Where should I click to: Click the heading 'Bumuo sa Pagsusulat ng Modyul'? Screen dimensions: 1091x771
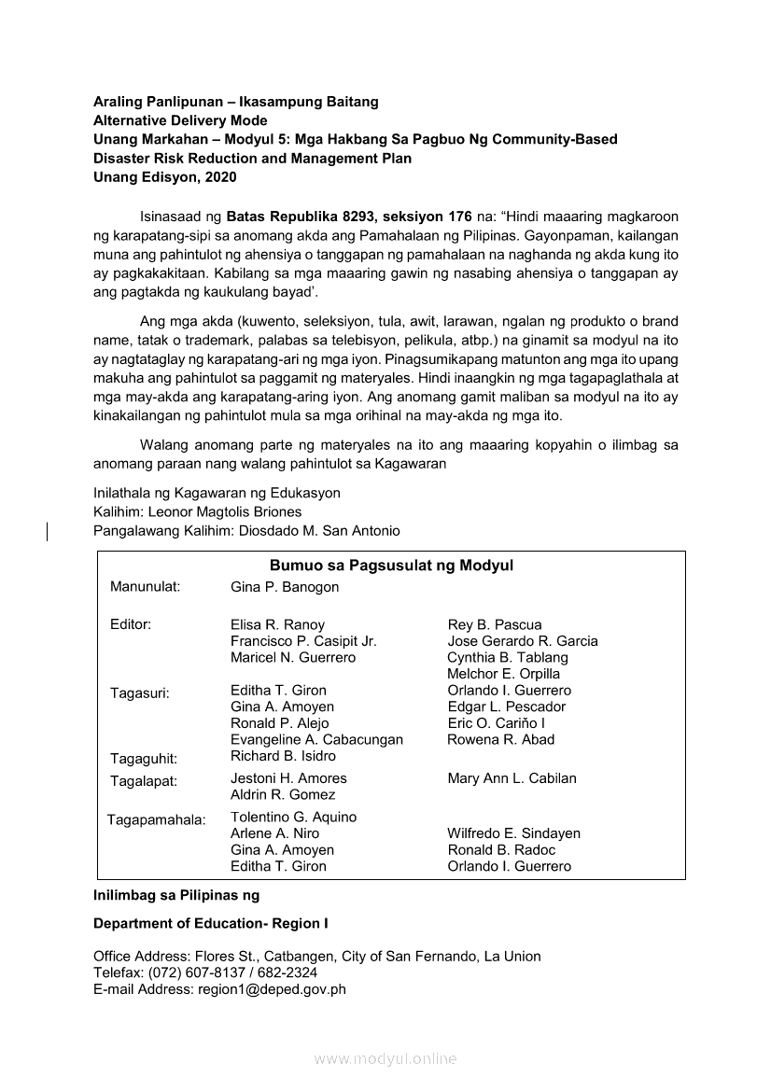pos(391,566)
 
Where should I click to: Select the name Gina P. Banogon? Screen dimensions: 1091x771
pos(285,587)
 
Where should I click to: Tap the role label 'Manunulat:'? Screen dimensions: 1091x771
pos(145,587)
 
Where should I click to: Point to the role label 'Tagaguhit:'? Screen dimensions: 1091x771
pos(144,758)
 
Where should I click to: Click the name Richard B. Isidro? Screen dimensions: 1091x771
pos(283,756)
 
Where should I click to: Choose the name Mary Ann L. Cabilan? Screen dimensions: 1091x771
pos(512,778)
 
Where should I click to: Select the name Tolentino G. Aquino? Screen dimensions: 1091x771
pos(293,817)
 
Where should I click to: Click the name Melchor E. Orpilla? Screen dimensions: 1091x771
pos(503,674)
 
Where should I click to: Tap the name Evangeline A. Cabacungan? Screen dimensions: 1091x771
pos(316,739)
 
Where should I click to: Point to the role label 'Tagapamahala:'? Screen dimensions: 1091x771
pos(156,820)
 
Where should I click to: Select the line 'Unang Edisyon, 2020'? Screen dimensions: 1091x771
pos(164,177)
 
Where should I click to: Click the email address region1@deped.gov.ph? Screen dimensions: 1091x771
pos(270,989)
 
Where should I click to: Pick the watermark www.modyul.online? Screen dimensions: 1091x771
pos(385,1058)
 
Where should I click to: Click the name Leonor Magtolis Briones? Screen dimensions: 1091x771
pos(224,511)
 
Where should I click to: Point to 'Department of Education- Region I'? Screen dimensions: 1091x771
pos(211,923)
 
